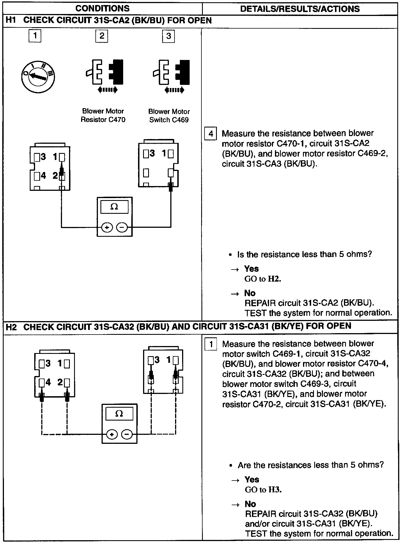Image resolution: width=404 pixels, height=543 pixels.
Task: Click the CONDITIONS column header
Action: click(102, 8)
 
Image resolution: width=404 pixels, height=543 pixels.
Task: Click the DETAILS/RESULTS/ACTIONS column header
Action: click(300, 9)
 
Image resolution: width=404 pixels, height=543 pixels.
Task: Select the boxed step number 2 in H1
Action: click(102, 36)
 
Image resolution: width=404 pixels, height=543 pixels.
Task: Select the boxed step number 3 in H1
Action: click(168, 36)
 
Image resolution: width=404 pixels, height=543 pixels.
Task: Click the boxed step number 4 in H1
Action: click(211, 134)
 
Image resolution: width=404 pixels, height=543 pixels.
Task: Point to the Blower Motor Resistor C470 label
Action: click(103, 115)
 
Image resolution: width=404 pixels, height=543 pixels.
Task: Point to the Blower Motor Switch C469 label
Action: click(169, 116)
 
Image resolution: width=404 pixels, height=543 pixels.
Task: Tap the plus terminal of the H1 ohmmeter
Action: click(107, 228)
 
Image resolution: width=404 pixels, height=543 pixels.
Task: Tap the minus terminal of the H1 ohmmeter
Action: click(122, 228)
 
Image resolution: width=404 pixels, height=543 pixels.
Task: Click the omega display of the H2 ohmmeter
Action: click(119, 414)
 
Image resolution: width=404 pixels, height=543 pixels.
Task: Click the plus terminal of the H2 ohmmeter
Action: click(112, 435)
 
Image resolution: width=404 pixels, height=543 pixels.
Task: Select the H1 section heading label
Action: click(108, 21)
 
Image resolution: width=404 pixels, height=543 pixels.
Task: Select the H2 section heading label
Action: click(178, 326)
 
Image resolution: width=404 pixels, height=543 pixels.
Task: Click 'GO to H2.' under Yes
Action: click(263, 279)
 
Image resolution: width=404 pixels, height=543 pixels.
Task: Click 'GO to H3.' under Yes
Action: click(263, 489)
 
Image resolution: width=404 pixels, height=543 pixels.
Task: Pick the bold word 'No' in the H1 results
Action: click(250, 293)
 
